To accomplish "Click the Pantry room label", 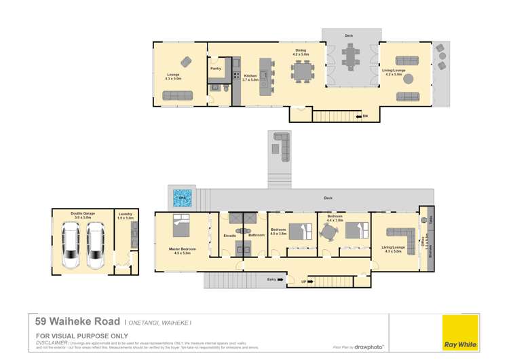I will tap(215, 69).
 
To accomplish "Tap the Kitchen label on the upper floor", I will tap(250, 76).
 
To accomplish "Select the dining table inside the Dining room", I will tap(301, 71).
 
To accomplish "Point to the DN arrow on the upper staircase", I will tap(364, 116).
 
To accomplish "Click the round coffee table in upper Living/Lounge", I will tap(409, 78).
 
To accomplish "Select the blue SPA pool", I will tap(181, 198).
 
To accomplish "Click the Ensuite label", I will tap(229, 235).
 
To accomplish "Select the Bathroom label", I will tap(256, 235).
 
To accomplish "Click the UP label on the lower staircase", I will tap(304, 281).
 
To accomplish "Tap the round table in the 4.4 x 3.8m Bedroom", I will tap(328, 232).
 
